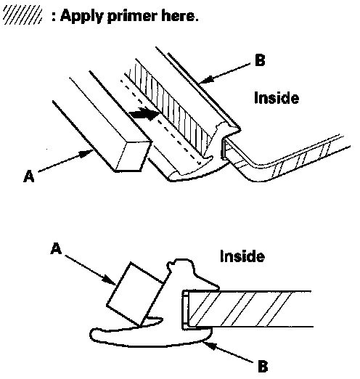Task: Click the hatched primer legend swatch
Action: point(22,16)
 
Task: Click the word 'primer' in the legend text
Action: point(132,17)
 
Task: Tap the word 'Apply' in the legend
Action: point(81,17)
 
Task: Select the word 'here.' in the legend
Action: point(180,16)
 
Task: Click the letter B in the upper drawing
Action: point(260,60)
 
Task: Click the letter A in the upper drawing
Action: point(29,176)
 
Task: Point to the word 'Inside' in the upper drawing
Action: point(277,98)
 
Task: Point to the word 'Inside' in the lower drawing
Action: point(242,256)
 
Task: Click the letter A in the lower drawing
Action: point(56,248)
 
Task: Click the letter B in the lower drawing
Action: point(263,366)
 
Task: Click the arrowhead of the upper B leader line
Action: point(205,79)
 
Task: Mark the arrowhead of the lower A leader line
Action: point(109,280)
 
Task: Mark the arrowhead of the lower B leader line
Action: point(210,345)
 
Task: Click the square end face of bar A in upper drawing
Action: point(134,156)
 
